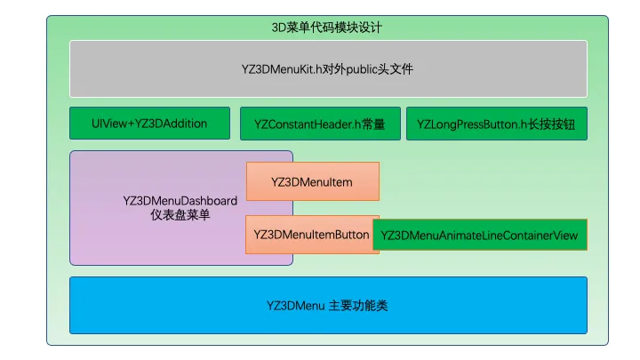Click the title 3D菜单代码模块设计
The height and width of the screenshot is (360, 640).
tap(327, 28)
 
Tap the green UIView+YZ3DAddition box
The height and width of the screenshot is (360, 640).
tap(150, 124)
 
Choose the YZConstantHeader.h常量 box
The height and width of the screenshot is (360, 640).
tap(319, 124)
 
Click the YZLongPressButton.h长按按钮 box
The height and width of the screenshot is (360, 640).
tap(496, 124)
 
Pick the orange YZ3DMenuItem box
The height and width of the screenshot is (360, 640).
tap(312, 181)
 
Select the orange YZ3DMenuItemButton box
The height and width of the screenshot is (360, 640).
tap(312, 235)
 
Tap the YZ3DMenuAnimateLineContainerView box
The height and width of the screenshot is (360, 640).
tap(480, 236)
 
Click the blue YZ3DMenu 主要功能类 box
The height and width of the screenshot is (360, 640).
tap(328, 306)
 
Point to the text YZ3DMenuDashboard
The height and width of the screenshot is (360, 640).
tap(180, 200)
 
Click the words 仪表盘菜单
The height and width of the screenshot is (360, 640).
tap(180, 215)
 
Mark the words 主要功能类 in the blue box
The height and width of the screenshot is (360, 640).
tap(358, 306)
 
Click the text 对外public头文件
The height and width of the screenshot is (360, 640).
tap(370, 68)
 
